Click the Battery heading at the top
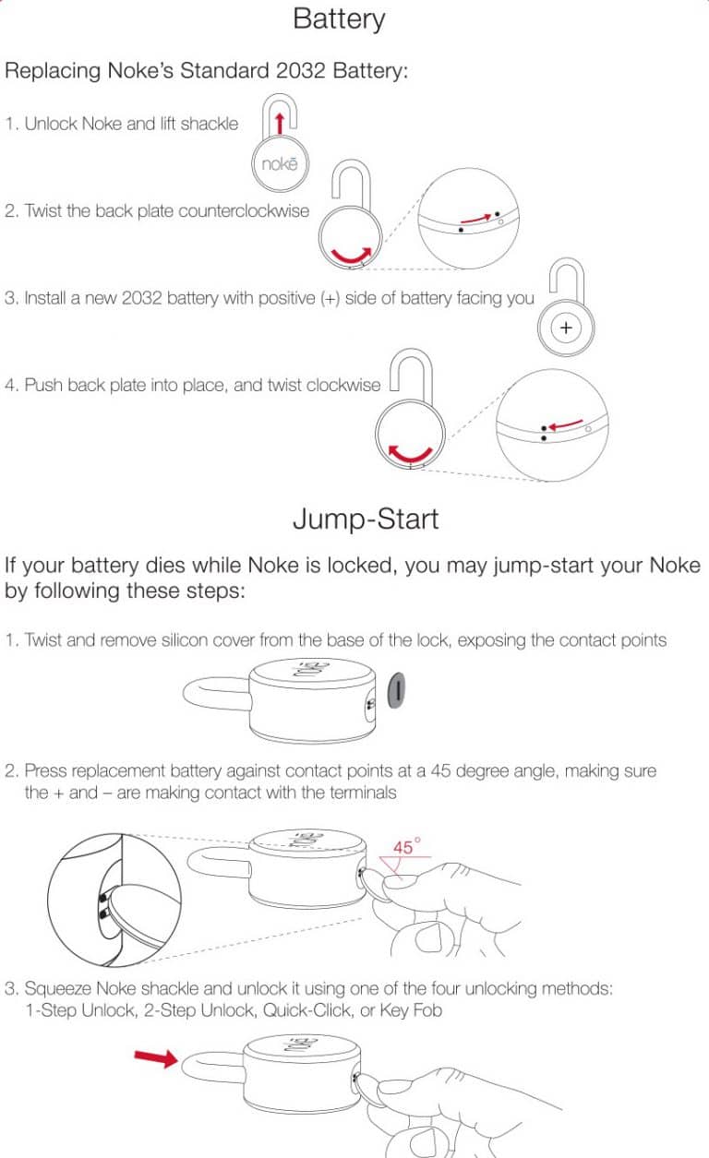339,18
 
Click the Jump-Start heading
366,519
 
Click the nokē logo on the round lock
280,167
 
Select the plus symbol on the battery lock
566,328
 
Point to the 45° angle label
406,846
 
